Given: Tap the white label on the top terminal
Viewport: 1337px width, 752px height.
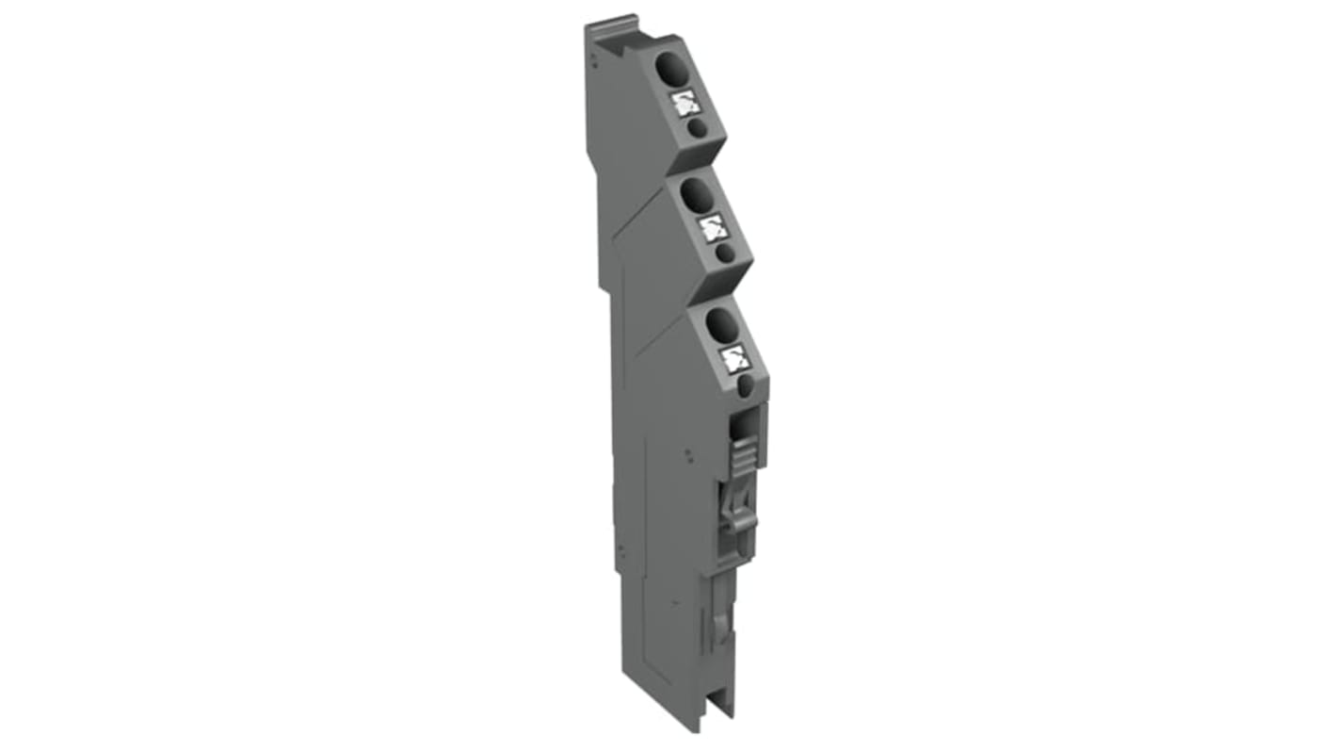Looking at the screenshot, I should [686, 104].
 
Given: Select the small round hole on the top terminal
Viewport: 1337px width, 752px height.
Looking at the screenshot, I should [696, 129].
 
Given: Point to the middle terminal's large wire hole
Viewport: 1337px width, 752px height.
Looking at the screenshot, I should [697, 195].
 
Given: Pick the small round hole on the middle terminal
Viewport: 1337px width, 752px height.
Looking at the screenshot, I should [724, 253].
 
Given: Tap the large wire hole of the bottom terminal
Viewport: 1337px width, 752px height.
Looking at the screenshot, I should [722, 326].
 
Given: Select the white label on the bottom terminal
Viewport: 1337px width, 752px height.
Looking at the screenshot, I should [735, 359].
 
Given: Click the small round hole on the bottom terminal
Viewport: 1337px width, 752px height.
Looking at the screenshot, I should [745, 385].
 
